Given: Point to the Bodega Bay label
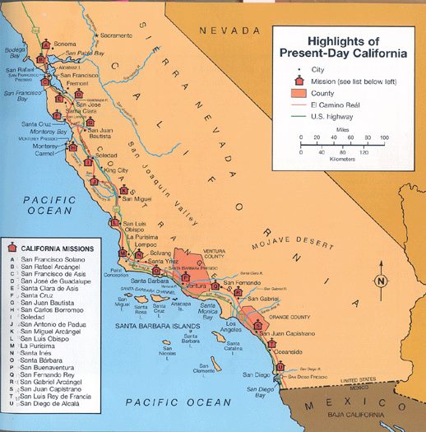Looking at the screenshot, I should coord(16,53).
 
